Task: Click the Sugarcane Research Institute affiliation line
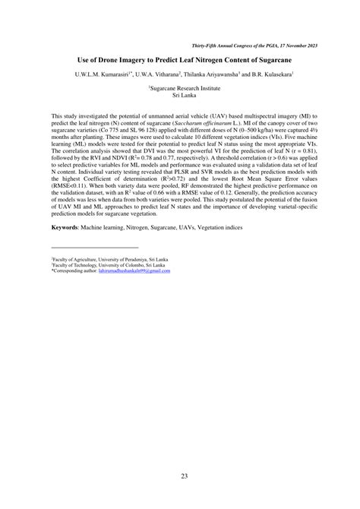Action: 179,88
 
